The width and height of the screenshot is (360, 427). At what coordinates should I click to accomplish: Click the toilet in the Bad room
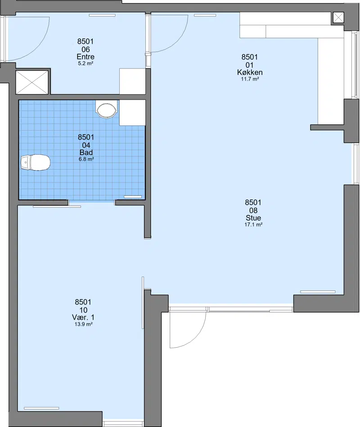(36, 163)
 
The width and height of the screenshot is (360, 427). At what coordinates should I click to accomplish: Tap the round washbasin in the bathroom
(107, 110)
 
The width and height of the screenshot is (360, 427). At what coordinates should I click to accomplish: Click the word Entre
(85, 57)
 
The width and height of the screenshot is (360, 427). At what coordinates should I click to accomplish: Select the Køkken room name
(250, 73)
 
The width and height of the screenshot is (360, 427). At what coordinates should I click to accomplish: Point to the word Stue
(253, 218)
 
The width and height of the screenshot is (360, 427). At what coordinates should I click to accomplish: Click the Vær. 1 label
(83, 318)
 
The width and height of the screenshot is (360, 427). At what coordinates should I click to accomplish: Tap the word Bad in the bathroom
(86, 153)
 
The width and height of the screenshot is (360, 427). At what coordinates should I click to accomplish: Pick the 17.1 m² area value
(253, 225)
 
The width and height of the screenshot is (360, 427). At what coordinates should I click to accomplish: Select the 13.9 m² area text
(83, 324)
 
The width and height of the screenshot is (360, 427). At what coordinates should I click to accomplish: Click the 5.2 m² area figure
(85, 64)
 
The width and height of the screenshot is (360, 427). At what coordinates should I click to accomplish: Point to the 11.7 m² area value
(250, 79)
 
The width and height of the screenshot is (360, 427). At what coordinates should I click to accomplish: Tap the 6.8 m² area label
(86, 159)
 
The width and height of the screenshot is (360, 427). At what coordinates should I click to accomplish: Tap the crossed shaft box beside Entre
(32, 82)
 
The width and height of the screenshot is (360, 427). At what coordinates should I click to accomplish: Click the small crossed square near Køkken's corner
(338, 18)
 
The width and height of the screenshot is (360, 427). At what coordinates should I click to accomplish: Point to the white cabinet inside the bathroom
(132, 113)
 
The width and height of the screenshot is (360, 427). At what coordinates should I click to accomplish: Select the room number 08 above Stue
(253, 210)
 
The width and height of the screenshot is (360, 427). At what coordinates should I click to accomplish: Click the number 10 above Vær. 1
(83, 310)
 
